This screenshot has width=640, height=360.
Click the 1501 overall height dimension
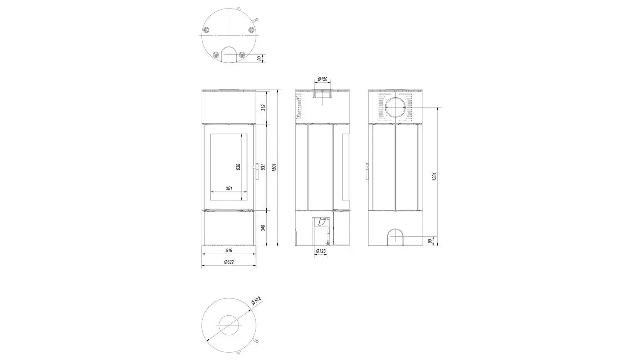(274, 167)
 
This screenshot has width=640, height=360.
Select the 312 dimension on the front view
(263, 107)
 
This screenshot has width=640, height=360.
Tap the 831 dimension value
(263, 167)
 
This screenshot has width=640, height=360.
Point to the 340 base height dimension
(263, 228)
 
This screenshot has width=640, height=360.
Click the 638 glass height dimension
(238, 167)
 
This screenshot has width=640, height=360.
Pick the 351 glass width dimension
(229, 188)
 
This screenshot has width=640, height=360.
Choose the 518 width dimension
(229, 250)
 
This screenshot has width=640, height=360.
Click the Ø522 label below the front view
(229, 262)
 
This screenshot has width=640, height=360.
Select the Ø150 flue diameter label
(322, 79)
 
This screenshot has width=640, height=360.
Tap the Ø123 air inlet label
(321, 251)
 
